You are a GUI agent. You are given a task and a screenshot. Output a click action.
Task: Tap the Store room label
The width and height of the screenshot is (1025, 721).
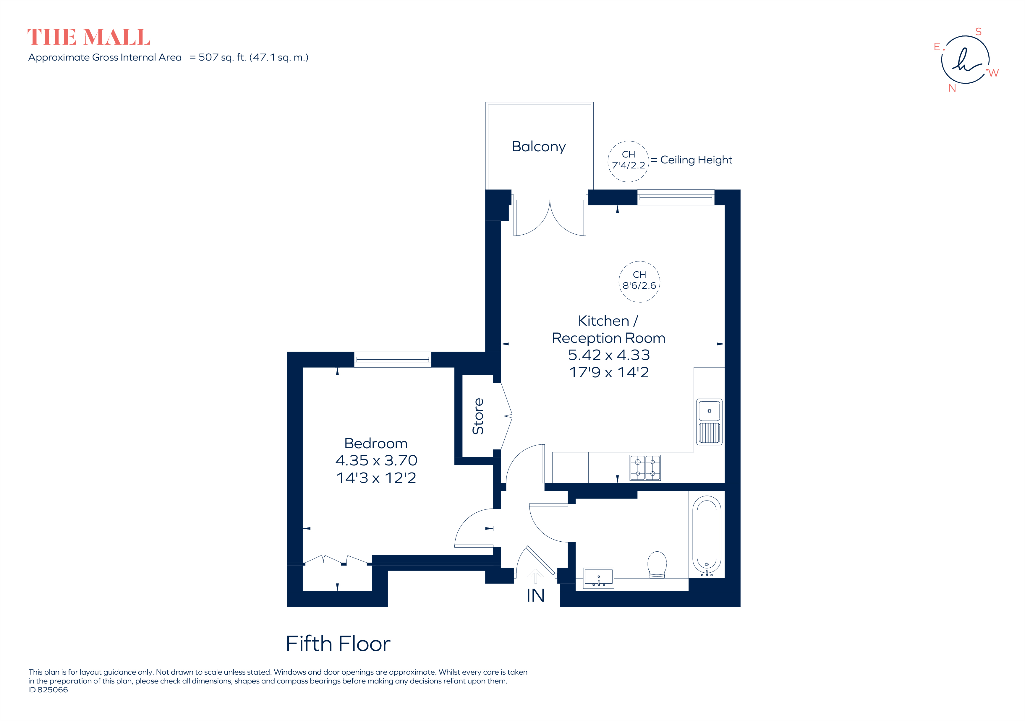[478, 416]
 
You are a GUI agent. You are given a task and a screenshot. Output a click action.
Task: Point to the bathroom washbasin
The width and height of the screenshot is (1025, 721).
[599, 578]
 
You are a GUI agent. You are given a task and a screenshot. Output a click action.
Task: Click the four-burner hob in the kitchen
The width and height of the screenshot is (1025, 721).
[645, 467]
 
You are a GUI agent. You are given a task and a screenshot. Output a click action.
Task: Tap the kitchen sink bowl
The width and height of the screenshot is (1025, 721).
[709, 410]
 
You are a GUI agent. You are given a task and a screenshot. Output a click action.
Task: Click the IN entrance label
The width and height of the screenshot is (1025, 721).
[535, 596]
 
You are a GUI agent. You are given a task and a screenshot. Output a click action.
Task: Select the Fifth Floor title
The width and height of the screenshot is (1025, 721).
[338, 644]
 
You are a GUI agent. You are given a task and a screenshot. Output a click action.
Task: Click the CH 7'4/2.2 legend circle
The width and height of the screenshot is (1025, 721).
[628, 161]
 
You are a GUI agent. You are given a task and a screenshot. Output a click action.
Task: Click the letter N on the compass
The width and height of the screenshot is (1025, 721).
[952, 88]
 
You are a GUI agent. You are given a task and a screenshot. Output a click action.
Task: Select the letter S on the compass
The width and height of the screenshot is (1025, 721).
[978, 32]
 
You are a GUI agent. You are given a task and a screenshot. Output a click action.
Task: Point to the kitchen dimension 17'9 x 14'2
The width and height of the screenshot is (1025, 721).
[608, 372]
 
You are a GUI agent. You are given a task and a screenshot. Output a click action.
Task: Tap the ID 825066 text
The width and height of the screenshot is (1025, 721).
[48, 690]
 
